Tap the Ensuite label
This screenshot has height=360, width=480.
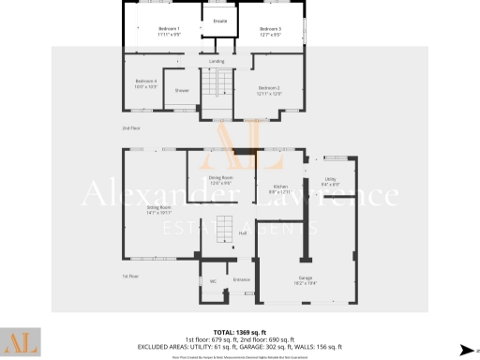[x=220, y=20]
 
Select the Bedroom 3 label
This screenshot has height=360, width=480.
[x=270, y=30]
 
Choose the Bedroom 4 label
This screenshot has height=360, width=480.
[x=145, y=82]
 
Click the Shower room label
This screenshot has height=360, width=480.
[x=182, y=90]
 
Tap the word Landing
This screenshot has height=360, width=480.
[x=216, y=62]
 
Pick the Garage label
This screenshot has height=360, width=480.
[x=305, y=278]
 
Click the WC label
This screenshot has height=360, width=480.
[x=213, y=279]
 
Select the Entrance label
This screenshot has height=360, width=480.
[x=241, y=279]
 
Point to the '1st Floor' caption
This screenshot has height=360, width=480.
[x=129, y=277]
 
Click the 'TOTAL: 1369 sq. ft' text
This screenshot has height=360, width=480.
[x=240, y=332]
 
